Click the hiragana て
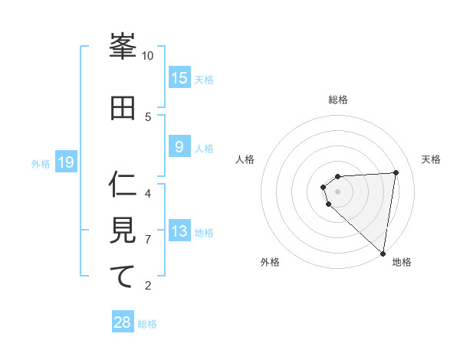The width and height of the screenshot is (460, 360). click(123, 277)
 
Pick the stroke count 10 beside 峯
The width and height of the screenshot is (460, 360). click(148, 56)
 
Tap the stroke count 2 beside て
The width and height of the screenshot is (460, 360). click(148, 286)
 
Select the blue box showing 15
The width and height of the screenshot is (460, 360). click(179, 78)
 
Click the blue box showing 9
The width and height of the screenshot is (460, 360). click(179, 147)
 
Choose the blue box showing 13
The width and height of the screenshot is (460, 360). click(179, 231)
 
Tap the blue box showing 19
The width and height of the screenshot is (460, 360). click(66, 162)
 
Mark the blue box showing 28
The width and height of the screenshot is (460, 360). click(123, 322)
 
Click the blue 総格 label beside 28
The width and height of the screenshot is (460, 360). click(147, 324)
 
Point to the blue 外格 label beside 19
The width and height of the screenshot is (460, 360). click(40, 163)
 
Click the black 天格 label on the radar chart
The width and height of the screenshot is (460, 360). click(432, 159)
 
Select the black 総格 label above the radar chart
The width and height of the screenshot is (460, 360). click(338, 100)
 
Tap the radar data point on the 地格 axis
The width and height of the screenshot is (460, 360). click(383, 254)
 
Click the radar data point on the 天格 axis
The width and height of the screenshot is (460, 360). click(396, 172)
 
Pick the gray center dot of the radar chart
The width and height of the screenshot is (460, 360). click(338, 191)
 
